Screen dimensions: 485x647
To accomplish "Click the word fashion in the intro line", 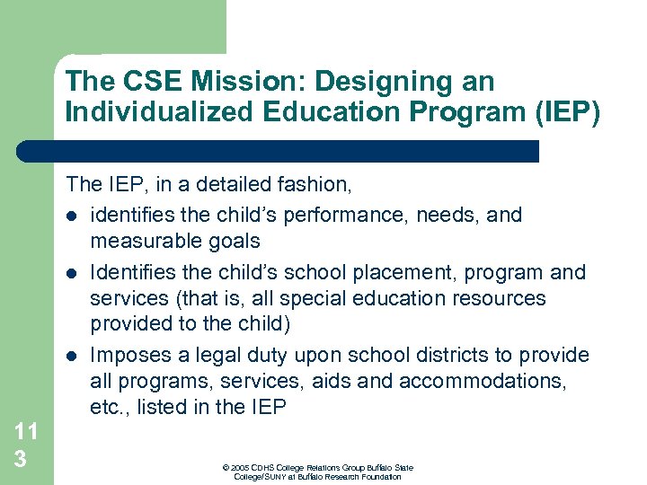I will [317, 185].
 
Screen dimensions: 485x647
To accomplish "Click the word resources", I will [499, 297].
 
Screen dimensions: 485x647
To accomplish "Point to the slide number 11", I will [26, 431].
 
